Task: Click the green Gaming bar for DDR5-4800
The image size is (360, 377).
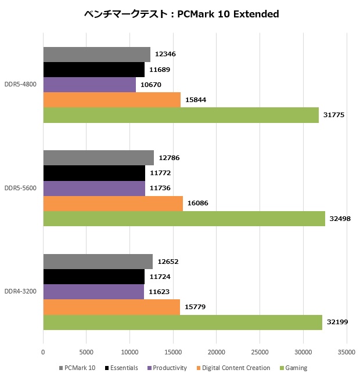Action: [x=181, y=115]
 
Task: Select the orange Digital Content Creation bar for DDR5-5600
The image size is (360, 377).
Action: [x=113, y=204]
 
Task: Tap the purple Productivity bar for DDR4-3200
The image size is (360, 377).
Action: [x=93, y=292]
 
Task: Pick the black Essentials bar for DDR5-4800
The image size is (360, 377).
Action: [x=93, y=70]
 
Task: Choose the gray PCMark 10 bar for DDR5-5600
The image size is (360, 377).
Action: [x=98, y=158]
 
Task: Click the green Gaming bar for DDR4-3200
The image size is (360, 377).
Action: [x=182, y=322]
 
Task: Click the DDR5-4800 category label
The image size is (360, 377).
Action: [x=21, y=85]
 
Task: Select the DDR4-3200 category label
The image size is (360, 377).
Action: [x=21, y=291]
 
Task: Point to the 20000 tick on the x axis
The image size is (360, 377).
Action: [x=217, y=352]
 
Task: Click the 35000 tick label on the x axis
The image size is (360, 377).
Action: [x=346, y=352]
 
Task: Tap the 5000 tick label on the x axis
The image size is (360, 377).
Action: [x=87, y=352]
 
